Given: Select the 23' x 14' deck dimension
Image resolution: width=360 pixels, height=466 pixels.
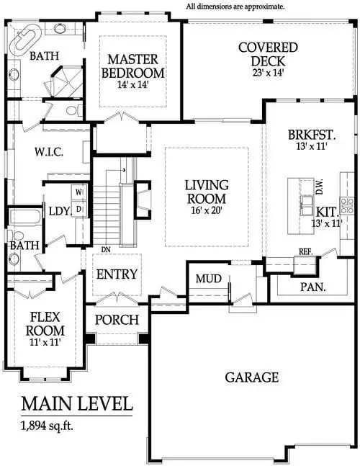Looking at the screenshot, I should pos(268,73).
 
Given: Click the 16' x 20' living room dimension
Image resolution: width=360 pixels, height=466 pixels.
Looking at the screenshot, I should pos(207,211).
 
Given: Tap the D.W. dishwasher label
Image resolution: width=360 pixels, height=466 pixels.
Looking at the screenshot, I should pos(318,187).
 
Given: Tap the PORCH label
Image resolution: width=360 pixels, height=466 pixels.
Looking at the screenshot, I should pos(117,319).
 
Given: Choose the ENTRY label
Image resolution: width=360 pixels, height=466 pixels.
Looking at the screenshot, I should pos(117,274).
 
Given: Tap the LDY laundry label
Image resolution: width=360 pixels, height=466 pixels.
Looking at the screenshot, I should pos(58,210).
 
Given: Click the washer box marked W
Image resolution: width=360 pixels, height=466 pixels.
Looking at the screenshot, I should pos(78,193).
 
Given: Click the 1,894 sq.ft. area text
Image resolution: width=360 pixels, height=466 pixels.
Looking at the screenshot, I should pos(47,425).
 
